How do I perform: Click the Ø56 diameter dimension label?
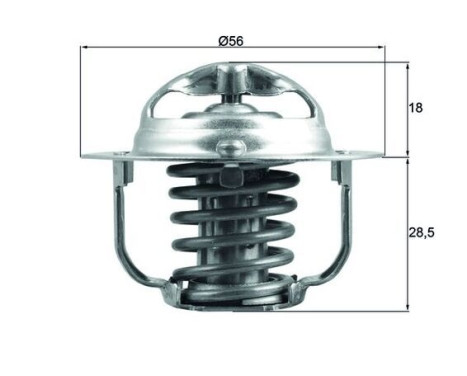click(x=231, y=41)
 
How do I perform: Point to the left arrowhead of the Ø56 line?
click(x=84, y=48)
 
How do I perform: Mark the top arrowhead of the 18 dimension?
click(x=408, y=66)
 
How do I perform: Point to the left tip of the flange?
click(x=82, y=156)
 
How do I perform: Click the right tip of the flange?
click(x=381, y=156)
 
